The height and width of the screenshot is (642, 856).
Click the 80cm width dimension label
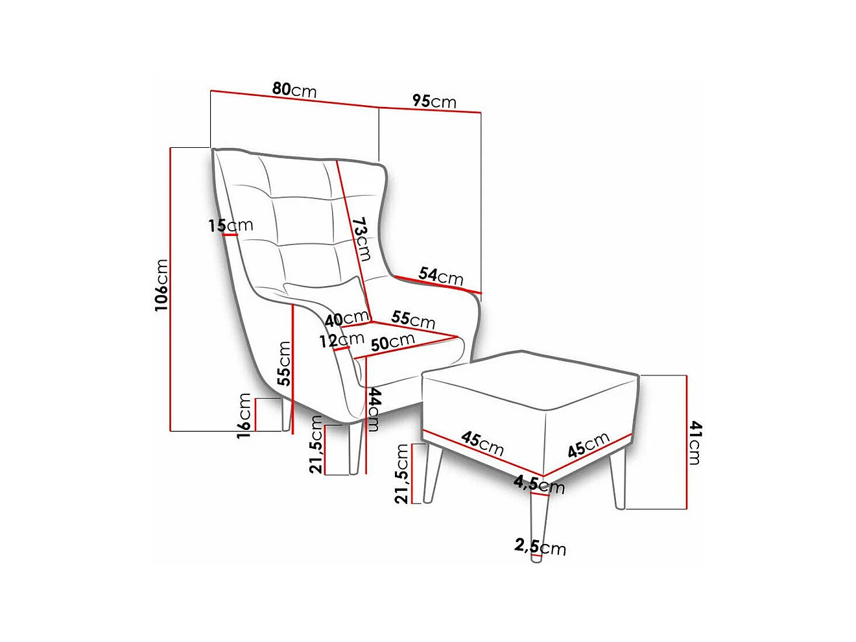(x=294, y=89)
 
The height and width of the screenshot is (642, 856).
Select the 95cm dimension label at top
(x=434, y=101)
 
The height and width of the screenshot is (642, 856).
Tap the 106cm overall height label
(x=161, y=285)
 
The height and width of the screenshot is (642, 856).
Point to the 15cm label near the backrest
(x=230, y=226)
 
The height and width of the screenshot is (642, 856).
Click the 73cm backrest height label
(x=363, y=239)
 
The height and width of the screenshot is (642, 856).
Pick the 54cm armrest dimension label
(x=440, y=276)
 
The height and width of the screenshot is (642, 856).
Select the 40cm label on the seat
(x=347, y=318)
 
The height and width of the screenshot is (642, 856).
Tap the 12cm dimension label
(x=341, y=340)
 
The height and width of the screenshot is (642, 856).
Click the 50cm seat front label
(x=392, y=342)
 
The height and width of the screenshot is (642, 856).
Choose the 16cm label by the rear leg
(x=244, y=416)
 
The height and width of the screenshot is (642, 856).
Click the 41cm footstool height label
(x=695, y=442)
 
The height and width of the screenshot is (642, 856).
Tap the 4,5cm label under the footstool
(x=539, y=484)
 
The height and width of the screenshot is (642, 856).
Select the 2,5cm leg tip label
(x=540, y=547)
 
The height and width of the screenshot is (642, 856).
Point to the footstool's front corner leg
(x=537, y=525)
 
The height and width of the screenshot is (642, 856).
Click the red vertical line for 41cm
(x=686, y=442)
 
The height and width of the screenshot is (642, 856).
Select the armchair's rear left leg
(x=286, y=416)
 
